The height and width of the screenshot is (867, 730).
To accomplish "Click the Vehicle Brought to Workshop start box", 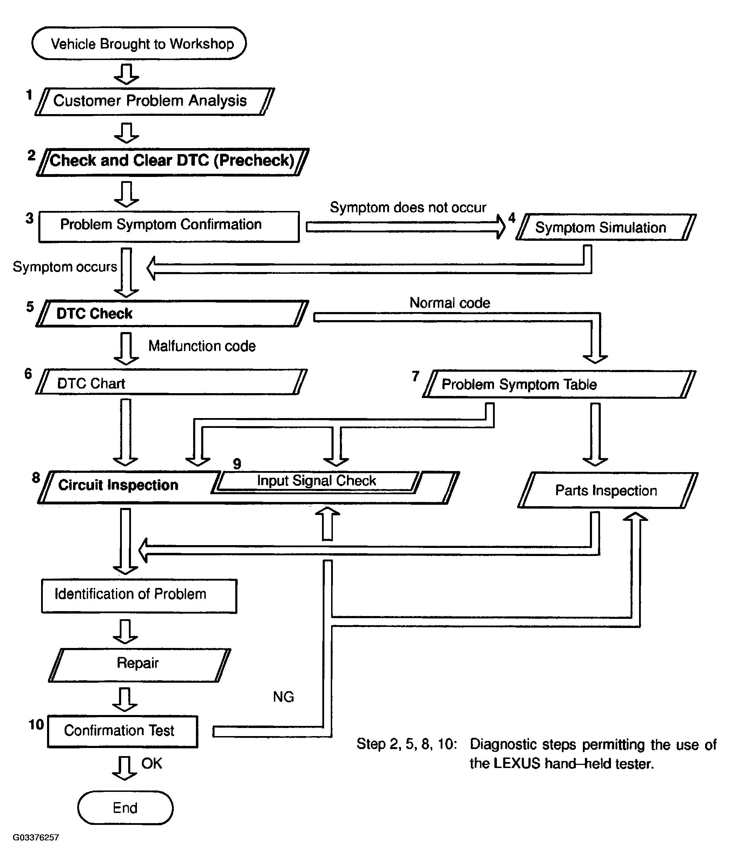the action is point(139,44).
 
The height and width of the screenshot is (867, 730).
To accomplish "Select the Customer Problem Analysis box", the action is point(155,101).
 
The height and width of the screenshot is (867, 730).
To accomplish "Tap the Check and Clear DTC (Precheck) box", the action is point(172,162).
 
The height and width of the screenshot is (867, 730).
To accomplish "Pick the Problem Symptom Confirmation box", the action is point(169,226).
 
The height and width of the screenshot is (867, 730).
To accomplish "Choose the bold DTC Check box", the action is point(172,313).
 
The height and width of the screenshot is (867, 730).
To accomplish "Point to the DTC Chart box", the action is point(171,382).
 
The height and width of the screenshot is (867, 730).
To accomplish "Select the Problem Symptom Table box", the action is point(559,384).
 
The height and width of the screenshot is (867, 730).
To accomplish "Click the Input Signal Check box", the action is point(317,482).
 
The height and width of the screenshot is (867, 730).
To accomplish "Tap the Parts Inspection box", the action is point(608,490).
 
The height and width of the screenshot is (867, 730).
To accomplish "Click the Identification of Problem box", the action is point(139,596).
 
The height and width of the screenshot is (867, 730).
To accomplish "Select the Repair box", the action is point(139,665).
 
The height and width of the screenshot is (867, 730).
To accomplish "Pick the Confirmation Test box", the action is point(123,731).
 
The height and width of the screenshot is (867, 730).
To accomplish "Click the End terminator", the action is point(125,808).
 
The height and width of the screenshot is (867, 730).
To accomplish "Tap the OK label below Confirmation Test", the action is point(151,763).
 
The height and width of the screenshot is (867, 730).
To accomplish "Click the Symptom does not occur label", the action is point(408,207).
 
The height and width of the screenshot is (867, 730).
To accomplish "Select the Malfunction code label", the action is point(202,346).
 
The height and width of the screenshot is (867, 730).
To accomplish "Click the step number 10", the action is point(36,725).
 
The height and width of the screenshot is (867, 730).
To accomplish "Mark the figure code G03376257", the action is point(36,838).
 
